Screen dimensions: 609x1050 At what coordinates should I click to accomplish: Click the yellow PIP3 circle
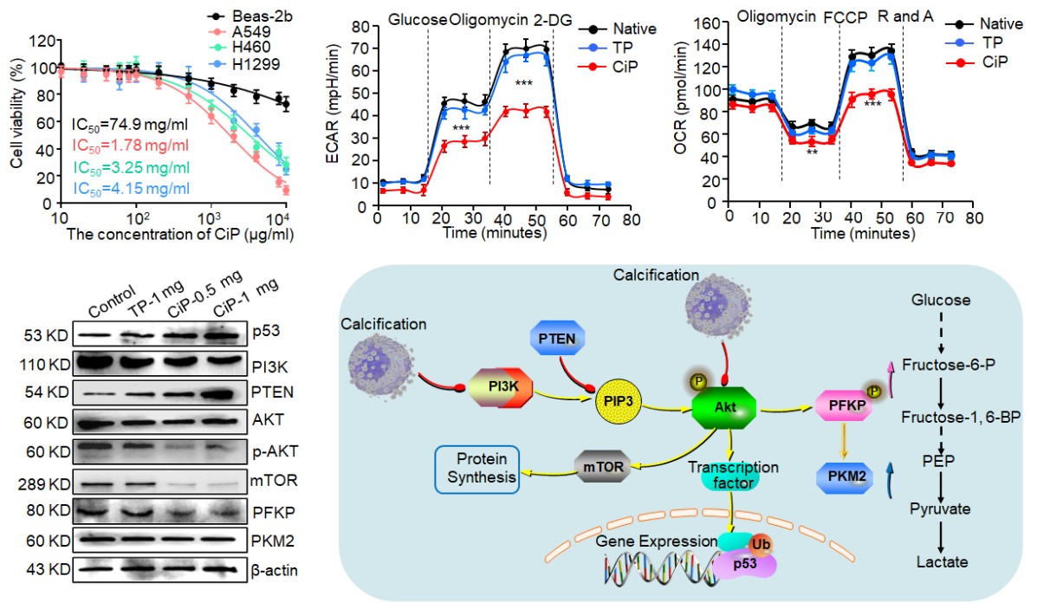pos(618,403)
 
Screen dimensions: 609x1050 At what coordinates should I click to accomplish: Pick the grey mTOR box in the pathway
pos(603,466)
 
